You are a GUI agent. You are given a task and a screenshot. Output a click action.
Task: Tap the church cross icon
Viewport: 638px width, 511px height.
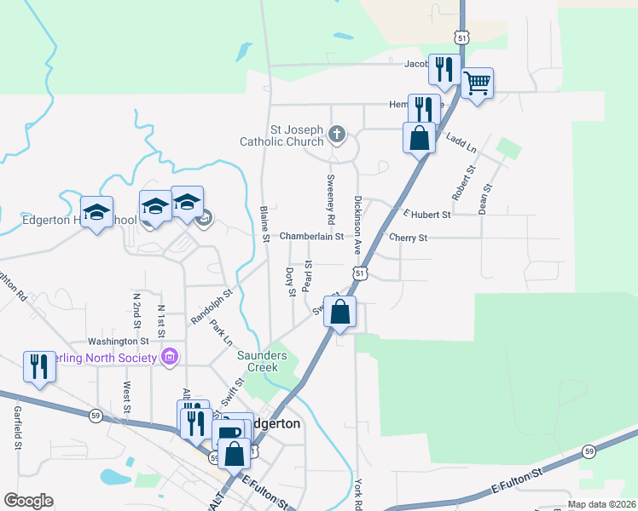pos(337,134)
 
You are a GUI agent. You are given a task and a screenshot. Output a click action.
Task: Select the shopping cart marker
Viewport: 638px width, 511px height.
pos(477,83)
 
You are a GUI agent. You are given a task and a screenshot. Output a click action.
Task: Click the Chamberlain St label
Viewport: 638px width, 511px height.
pos(311,236)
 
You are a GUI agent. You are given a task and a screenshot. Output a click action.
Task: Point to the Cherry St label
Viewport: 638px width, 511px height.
pos(408,238)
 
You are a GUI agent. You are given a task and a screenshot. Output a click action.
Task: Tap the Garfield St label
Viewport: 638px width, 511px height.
pos(17,428)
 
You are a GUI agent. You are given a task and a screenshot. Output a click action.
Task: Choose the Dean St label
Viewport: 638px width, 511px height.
pos(485,198)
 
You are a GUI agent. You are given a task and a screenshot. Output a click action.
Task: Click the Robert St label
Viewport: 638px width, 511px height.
pos(466,181)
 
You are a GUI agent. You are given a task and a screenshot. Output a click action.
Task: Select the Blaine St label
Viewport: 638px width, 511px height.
pos(264,224)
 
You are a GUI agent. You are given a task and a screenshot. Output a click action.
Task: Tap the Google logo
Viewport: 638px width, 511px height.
pos(28,501)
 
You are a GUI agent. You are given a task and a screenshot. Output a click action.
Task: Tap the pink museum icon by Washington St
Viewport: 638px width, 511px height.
pos(169,356)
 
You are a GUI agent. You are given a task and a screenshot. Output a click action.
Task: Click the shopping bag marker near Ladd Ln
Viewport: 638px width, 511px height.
pos(420,137)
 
